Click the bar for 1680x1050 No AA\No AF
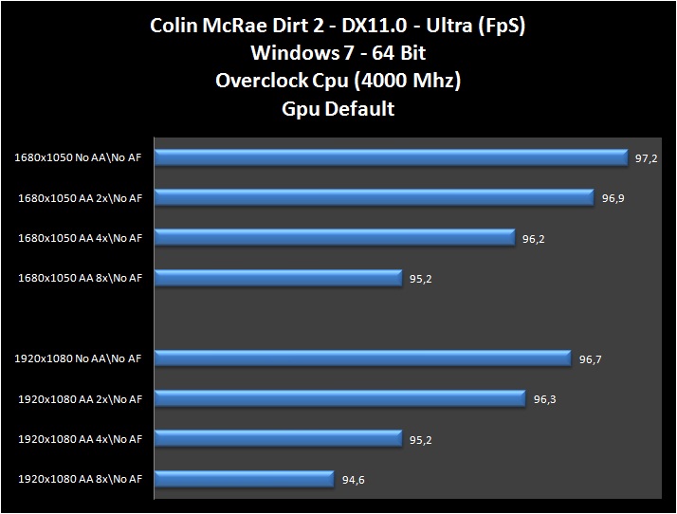[x=391, y=156]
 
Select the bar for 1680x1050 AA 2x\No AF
[x=374, y=196]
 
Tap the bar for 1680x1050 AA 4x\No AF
[x=334, y=237]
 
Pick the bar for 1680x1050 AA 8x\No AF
[x=278, y=277]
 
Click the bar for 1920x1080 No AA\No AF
[x=362, y=358]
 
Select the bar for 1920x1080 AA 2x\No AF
[x=339, y=398]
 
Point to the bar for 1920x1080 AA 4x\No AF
[x=278, y=438]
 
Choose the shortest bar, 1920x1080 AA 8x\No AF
[x=244, y=478]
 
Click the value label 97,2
[x=647, y=158]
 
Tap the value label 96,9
[x=613, y=198]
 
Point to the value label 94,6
[x=354, y=480]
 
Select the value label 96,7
[x=590, y=359]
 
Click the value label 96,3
[x=544, y=399]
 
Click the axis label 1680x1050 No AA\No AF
[x=78, y=157]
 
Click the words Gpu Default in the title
[x=338, y=108]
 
